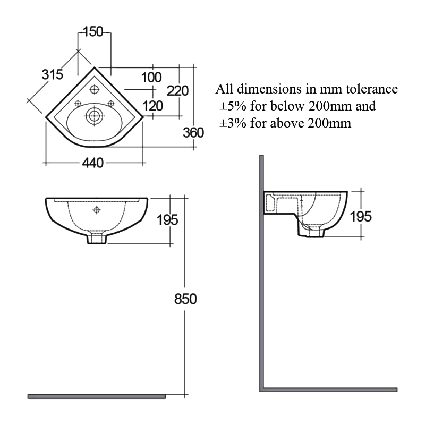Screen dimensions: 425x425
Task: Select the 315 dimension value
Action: pos(53,75)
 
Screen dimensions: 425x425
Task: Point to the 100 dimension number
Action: pos(151,77)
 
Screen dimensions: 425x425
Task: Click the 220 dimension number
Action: pos(177,91)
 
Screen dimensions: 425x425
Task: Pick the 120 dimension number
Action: pos(153,106)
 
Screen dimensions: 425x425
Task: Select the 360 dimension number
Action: pos(193,132)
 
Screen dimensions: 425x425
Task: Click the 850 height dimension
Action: pos(185,299)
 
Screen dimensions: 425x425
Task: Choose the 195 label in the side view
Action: pos(361,216)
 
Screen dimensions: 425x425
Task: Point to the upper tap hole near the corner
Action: pos(95,89)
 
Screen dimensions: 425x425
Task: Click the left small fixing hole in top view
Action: pos(78,103)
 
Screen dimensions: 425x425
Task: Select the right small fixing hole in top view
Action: pos(111,103)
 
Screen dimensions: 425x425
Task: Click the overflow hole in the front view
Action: pos(96,210)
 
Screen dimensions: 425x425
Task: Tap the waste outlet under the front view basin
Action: pos(96,239)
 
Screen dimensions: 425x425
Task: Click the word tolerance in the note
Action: pos(371,89)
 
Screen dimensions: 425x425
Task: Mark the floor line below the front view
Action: pos(96,396)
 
